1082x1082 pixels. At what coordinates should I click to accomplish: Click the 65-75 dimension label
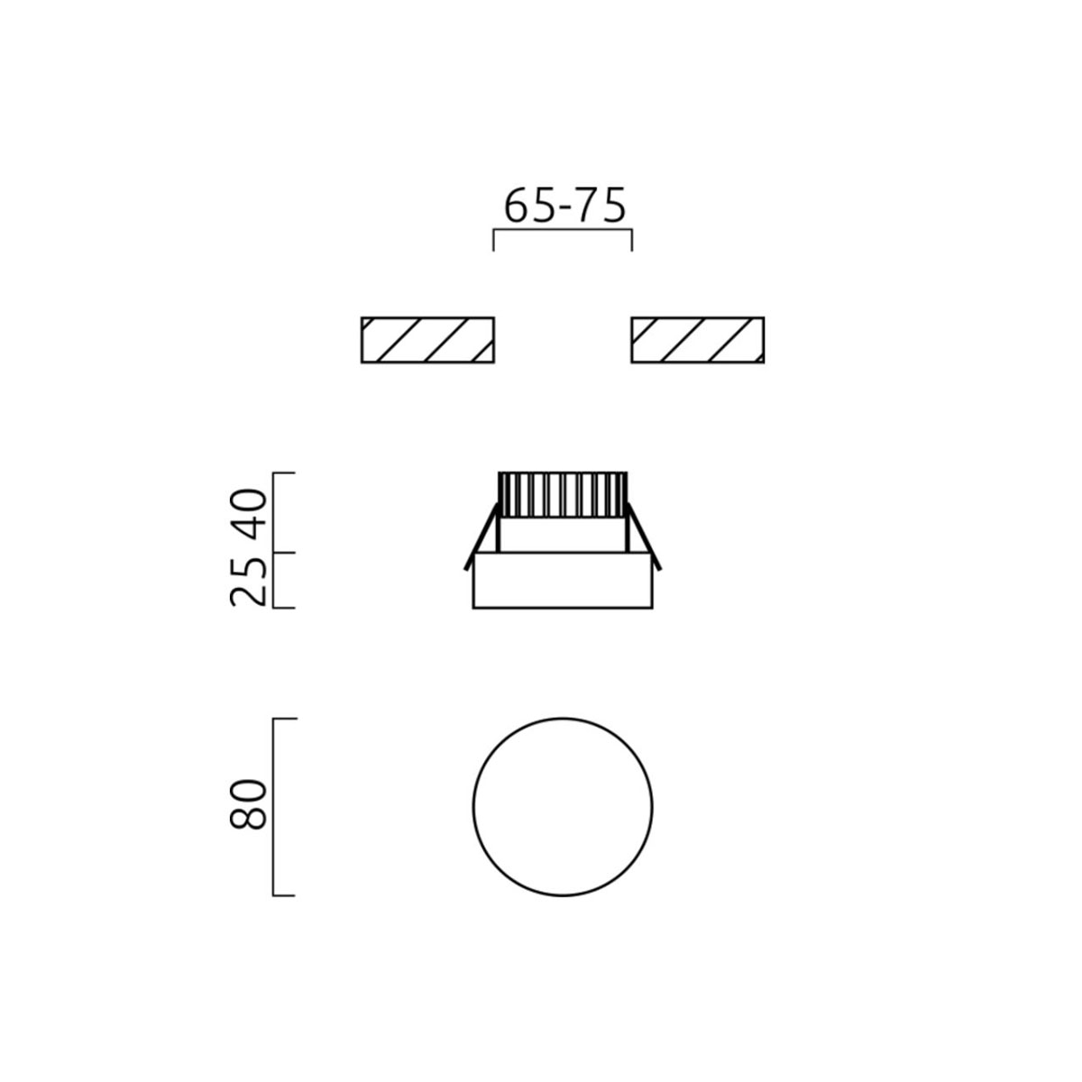coord(564,206)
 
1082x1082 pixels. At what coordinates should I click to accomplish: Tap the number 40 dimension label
coord(249,513)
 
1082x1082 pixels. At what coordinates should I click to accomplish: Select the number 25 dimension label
coord(249,582)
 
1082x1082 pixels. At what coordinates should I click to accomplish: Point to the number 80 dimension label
coord(249,804)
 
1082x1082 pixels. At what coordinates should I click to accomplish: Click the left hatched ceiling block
coord(428,340)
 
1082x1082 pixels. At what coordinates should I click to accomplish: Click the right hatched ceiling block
coord(697,340)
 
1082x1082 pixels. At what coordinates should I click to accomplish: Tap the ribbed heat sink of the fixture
coord(563,494)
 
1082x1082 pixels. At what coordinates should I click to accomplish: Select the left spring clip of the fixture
coord(481,536)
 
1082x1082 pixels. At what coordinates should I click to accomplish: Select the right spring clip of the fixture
coord(644,536)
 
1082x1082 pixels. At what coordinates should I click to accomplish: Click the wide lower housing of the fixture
coord(563,581)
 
